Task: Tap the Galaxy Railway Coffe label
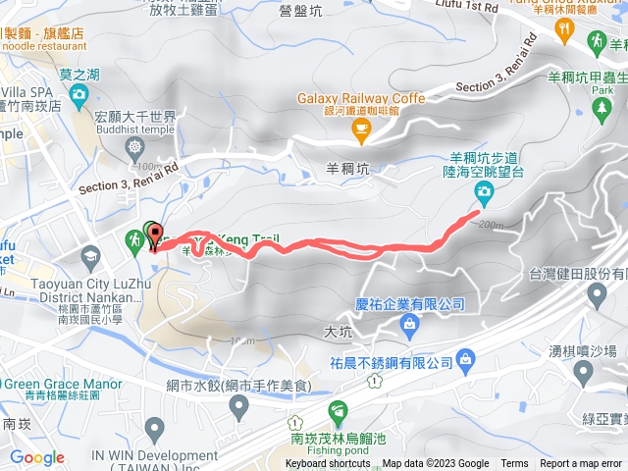click(362, 98)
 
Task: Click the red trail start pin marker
click(154, 234)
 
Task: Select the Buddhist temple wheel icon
click(135, 148)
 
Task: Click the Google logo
click(36, 457)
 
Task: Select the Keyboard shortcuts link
click(328, 464)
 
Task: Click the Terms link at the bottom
click(514, 464)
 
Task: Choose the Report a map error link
click(582, 464)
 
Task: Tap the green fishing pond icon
click(339, 409)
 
